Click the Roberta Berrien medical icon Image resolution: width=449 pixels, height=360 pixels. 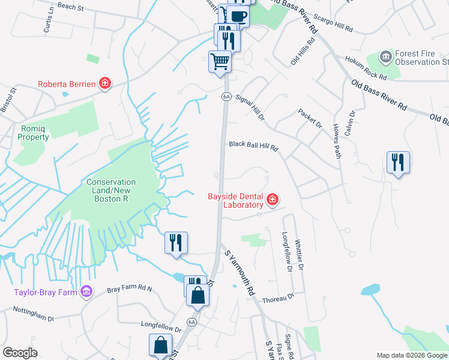[105, 83]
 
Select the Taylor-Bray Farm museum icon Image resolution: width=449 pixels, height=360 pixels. [87, 292]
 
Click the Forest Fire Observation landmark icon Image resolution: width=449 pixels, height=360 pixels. [385, 58]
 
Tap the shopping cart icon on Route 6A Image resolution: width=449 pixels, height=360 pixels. [220, 61]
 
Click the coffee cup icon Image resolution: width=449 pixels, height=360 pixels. [238, 16]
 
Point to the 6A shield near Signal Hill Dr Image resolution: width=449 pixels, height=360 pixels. [226, 96]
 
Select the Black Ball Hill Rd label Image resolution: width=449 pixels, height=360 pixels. [254, 145]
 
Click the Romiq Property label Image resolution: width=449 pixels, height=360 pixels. [32, 133]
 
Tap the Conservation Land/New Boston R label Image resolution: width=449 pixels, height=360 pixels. [110, 186]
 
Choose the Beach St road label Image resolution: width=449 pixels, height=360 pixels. [70, 7]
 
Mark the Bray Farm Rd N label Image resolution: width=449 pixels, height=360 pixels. [130, 289]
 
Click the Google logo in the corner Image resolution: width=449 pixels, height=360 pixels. [20, 353]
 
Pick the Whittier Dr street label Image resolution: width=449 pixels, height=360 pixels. [300, 256]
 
